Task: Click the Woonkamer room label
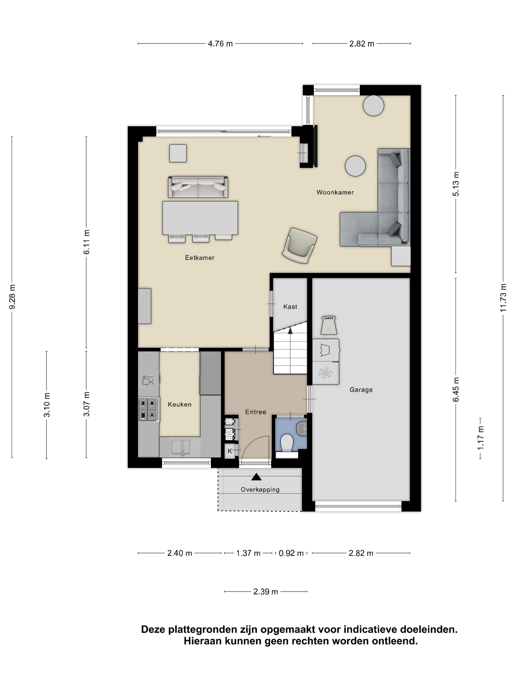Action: [335, 192]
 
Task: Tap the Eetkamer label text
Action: [200, 257]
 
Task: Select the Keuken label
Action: [180, 404]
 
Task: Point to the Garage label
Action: [361, 390]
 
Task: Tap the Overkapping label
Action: [260, 490]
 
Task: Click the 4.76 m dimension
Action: [220, 44]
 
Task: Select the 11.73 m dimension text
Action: [503, 298]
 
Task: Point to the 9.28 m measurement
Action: [12, 297]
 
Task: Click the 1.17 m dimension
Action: [480, 438]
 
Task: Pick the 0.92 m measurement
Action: [291, 553]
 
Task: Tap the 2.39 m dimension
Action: [265, 592]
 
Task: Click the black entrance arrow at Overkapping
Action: [257, 477]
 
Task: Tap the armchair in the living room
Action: [299, 246]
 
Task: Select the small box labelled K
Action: [230, 451]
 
